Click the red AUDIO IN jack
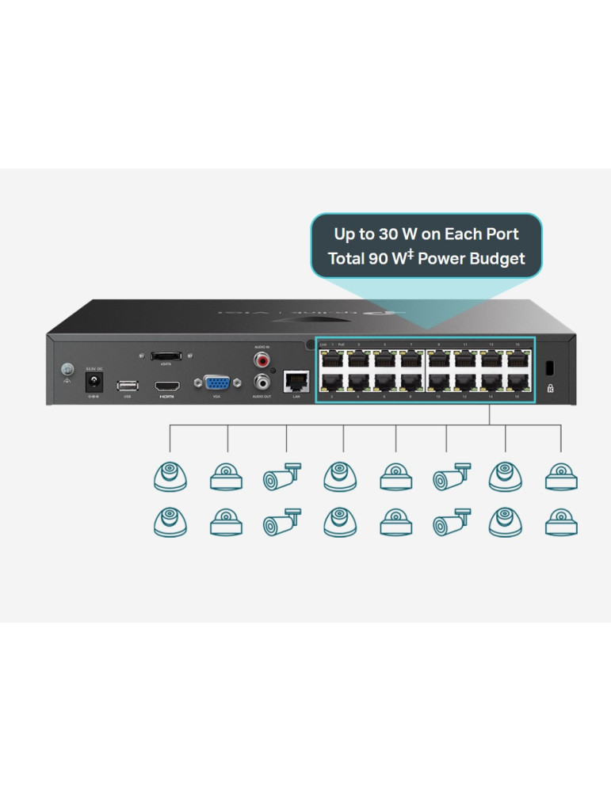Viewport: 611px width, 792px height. point(261,360)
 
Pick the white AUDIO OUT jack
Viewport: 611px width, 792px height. point(261,382)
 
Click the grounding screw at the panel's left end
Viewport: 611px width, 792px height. point(69,368)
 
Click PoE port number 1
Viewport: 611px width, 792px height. point(332,360)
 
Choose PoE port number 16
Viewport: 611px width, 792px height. point(517,383)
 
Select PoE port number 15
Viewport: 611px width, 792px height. point(517,360)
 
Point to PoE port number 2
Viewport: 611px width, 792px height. point(332,383)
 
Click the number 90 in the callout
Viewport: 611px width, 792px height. point(379,258)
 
